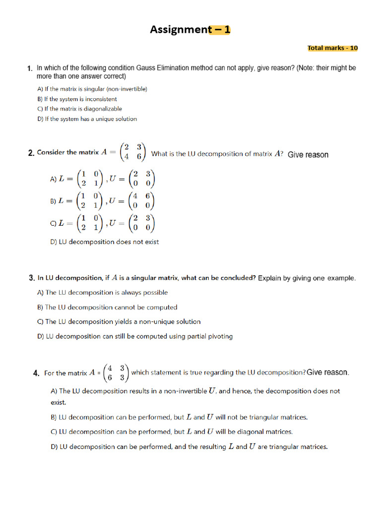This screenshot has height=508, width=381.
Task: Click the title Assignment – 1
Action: [x=190, y=30]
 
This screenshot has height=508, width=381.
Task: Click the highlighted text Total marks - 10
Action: [x=332, y=48]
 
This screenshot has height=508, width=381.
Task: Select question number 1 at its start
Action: [x=30, y=68]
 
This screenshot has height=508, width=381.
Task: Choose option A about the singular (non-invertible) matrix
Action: [x=92, y=89]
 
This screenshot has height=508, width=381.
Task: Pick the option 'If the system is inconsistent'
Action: [x=77, y=99]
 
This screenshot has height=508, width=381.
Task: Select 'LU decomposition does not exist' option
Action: [x=104, y=242]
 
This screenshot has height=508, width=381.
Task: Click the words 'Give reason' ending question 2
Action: [x=308, y=155]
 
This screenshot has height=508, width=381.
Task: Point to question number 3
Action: [x=31, y=278]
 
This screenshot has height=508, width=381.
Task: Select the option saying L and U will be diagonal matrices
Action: [x=172, y=432]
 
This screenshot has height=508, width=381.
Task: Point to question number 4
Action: [x=36, y=373]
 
